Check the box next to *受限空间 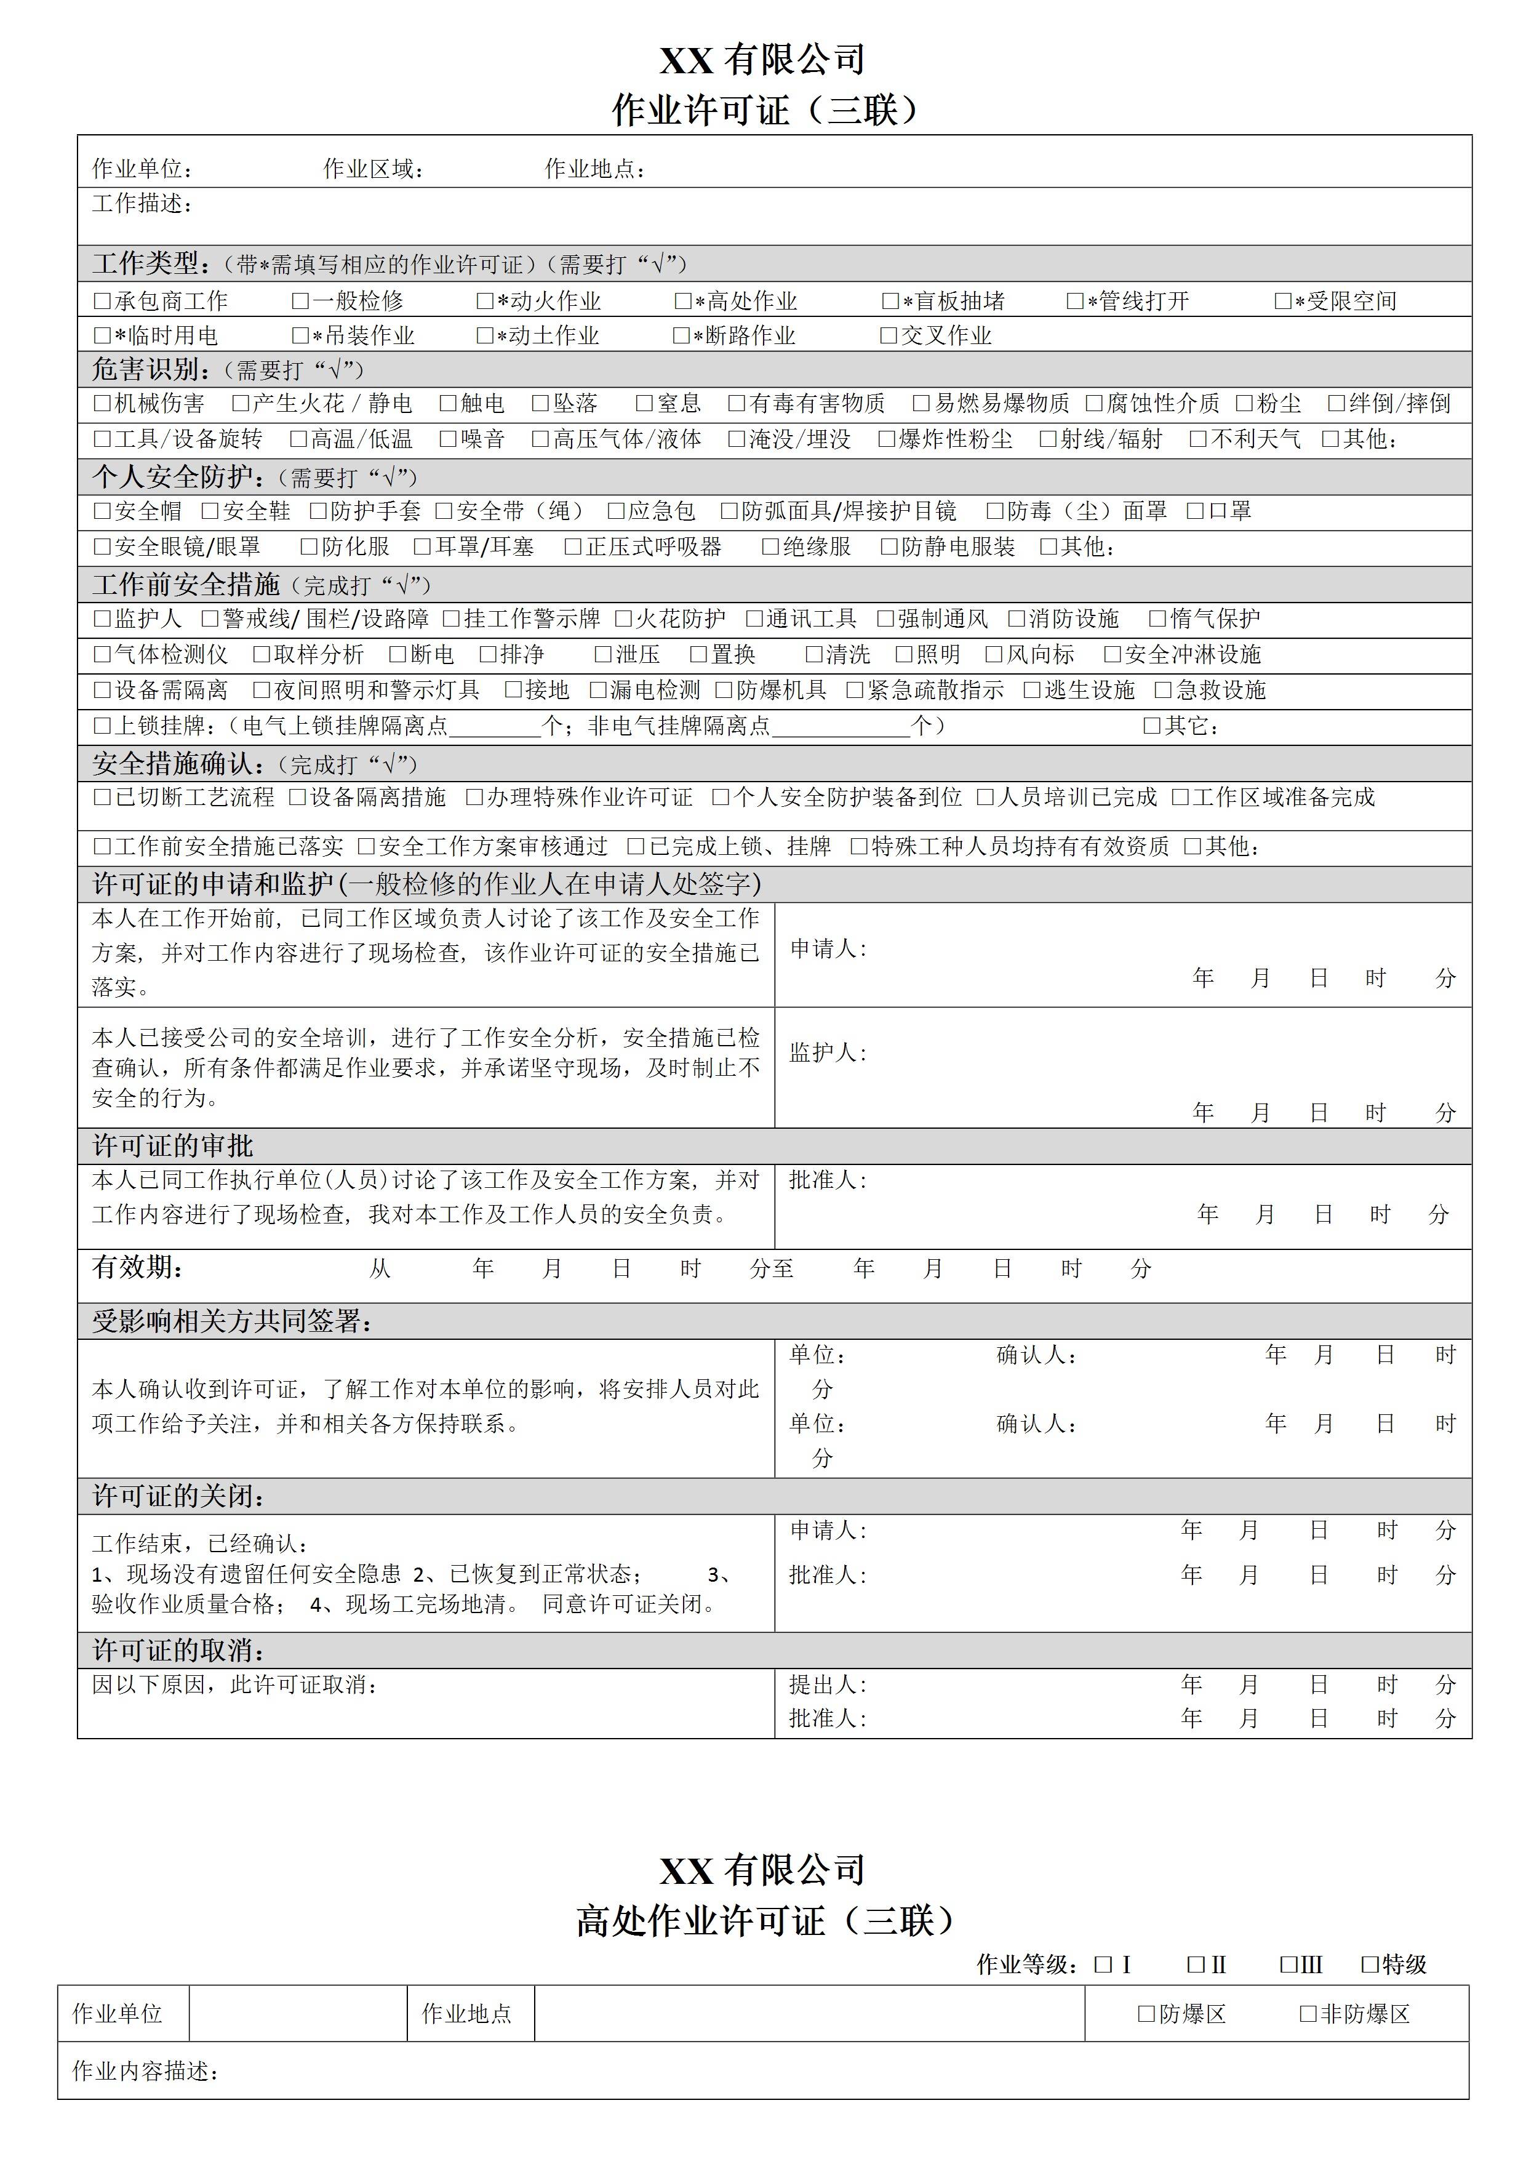(1282, 302)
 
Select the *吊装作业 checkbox (300, 335)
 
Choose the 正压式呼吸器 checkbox (573, 547)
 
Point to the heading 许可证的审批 (173, 1145)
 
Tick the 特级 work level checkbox (1370, 1965)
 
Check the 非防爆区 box (1308, 2013)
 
